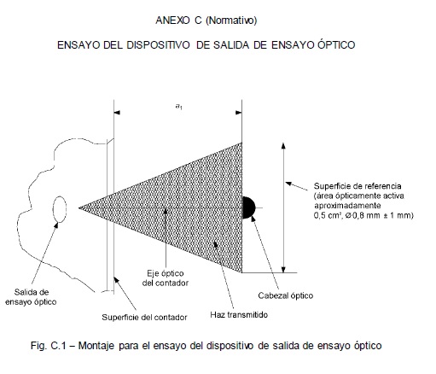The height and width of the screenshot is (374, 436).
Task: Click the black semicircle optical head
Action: pyautogui.click(x=248, y=207)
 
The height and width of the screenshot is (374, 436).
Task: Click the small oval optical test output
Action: pyautogui.click(x=60, y=209)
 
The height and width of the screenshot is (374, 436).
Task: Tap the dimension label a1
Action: pyautogui.click(x=179, y=107)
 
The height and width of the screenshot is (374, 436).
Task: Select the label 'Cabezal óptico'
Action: pyautogui.click(x=286, y=295)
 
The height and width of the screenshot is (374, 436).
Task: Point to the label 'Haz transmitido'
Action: pyautogui.click(x=239, y=314)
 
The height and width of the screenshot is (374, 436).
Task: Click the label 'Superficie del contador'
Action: pyautogui.click(x=144, y=317)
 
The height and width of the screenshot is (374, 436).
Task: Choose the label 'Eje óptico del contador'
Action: pyautogui.click(x=166, y=278)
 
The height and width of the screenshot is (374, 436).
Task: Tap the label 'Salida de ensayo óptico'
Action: pyautogui.click(x=31, y=297)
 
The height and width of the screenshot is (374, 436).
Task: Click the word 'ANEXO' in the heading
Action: pyautogui.click(x=172, y=20)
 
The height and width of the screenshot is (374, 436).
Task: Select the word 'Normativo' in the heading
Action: pyautogui.click(x=231, y=20)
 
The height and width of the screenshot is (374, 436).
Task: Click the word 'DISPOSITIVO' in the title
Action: pyautogui.click(x=158, y=45)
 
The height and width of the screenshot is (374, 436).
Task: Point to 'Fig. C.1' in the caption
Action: pyautogui.click(x=49, y=346)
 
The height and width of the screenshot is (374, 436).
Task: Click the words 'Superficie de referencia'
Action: pyautogui.click(x=358, y=186)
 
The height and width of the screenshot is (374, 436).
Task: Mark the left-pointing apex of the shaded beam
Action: pyautogui.click(x=78, y=208)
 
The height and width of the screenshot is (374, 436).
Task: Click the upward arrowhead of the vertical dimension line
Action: pyautogui.click(x=283, y=146)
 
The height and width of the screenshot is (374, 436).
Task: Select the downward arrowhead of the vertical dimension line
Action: pyautogui.click(x=283, y=269)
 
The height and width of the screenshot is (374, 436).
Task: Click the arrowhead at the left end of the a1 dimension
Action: pyautogui.click(x=117, y=113)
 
